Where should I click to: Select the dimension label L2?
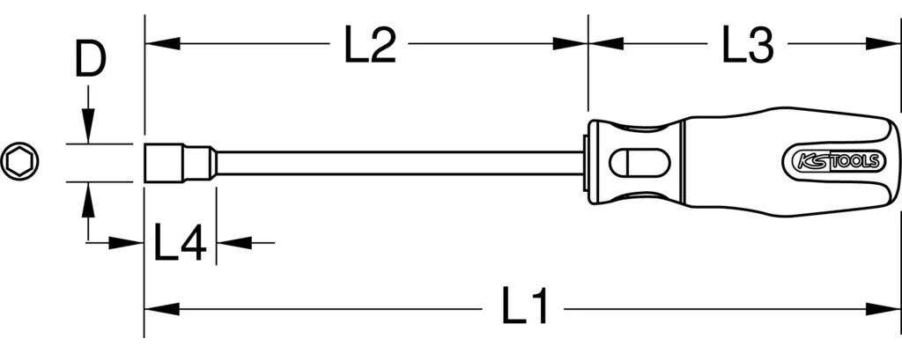368,44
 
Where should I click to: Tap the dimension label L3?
747,44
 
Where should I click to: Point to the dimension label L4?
180,242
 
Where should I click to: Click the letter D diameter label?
89,63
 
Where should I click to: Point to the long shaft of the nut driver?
396,163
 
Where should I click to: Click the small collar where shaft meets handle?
588,163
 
